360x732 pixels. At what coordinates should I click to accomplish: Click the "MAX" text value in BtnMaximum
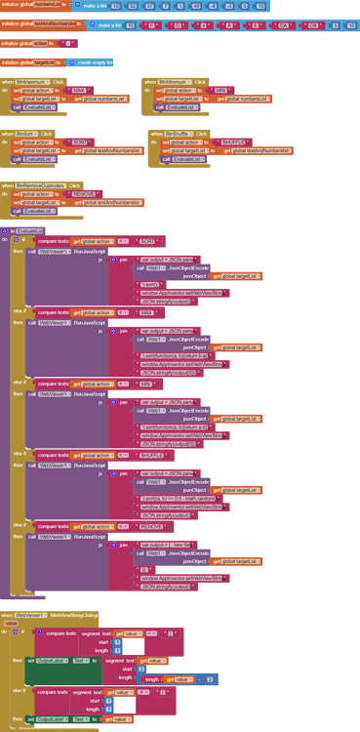point(79,90)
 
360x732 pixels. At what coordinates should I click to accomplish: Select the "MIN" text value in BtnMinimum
point(222,90)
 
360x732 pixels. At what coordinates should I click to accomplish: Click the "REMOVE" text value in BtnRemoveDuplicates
point(85,193)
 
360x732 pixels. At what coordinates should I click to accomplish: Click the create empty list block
point(95,61)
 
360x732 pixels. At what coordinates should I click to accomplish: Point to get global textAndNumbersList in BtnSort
point(112,150)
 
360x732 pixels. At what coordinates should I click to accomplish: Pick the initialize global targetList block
point(29,61)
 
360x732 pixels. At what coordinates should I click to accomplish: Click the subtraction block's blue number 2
point(210,678)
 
